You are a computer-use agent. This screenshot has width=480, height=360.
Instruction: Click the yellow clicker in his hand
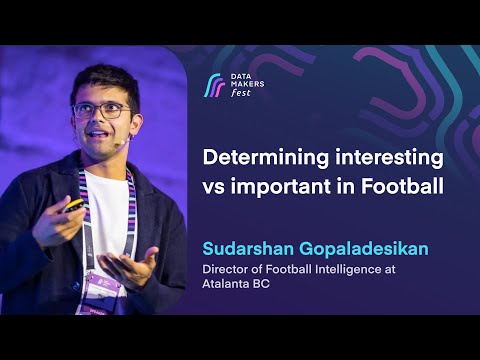(75, 205)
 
